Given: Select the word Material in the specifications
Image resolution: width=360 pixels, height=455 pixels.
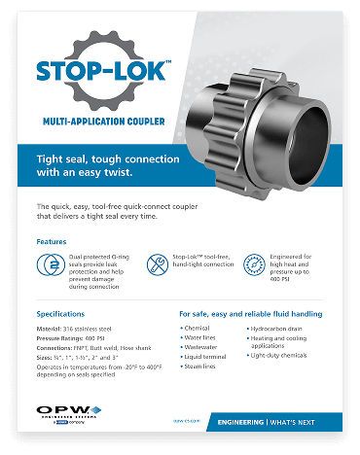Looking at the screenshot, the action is [50, 332].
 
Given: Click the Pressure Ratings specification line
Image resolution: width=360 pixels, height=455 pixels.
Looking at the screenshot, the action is [79, 342].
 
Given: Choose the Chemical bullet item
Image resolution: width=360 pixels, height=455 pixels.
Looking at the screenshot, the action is [198, 329].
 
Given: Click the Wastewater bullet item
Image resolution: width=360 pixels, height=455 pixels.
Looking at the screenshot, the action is [202, 348].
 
